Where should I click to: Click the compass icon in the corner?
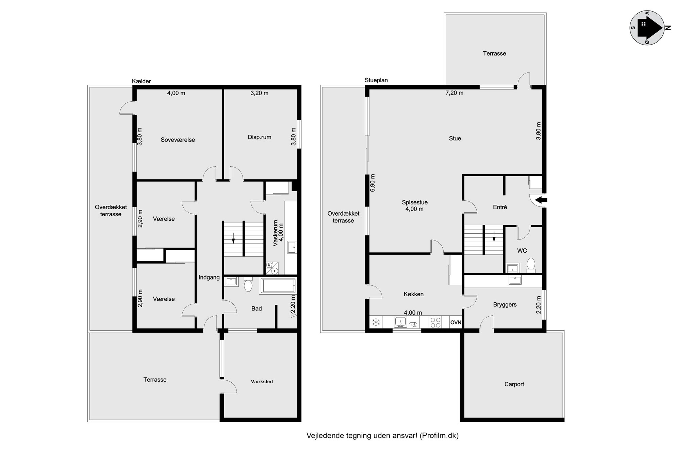point(647,28)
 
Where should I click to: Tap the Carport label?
point(514,384)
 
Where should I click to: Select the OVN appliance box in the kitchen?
point(456,322)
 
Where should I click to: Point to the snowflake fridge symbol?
point(376,322)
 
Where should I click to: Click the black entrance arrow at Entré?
point(541,200)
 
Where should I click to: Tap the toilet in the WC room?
point(531,265)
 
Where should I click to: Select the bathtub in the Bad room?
point(278,286)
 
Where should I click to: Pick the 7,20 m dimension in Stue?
point(455,93)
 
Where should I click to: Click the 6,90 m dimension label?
point(373,183)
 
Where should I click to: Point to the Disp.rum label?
point(260,137)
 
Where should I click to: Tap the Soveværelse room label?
point(178,140)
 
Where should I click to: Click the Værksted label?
point(262,382)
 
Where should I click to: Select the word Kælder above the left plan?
point(142,81)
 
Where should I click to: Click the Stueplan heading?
point(376,80)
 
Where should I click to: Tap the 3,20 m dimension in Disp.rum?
point(260,93)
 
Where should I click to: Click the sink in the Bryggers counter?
point(515,280)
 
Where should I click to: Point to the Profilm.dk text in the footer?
point(439,436)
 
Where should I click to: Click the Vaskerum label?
point(276,233)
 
